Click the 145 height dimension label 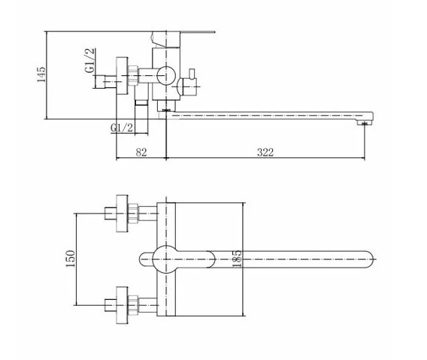click(41, 74)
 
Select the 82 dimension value click(141, 153)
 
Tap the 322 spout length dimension click(265, 153)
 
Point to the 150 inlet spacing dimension click(70, 259)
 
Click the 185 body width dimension click(237, 259)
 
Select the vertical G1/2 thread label click(89, 60)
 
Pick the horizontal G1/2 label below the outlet click(122, 128)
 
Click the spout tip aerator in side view click(365, 123)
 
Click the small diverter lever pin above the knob click(192, 73)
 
